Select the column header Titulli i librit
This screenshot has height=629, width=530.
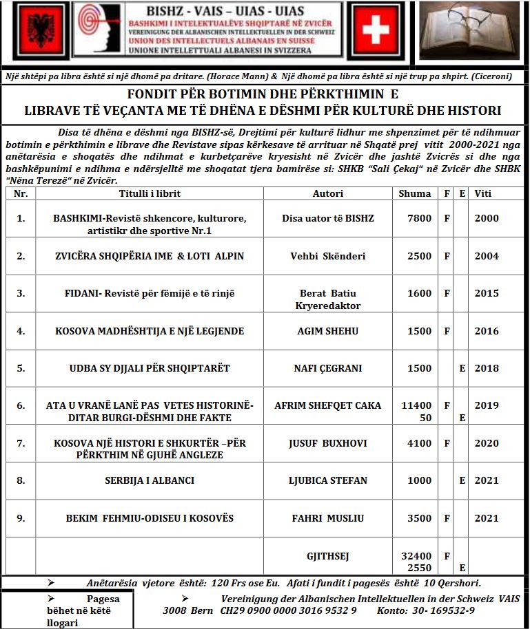coord(150,193)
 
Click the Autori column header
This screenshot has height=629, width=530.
coord(327,193)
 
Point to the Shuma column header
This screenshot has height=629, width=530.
coord(415,193)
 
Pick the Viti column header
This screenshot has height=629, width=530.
coord(483,193)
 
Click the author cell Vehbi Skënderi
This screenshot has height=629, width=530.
coord(328,256)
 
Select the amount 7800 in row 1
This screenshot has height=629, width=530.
coord(419,218)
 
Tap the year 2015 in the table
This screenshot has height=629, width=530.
coord(487,293)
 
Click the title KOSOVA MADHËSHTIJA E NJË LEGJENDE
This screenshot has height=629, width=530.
coord(150,331)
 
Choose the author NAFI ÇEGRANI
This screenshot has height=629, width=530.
coord(328,368)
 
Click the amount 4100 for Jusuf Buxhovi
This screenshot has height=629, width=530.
coord(419,443)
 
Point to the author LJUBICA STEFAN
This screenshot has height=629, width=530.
coord(328,480)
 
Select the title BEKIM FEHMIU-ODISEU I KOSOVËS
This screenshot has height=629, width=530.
coord(150,518)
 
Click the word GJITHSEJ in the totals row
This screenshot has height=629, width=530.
coord(328,555)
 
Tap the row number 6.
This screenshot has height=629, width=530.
coord(21,405)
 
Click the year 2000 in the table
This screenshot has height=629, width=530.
coord(487,218)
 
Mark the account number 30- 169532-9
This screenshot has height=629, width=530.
coord(441,610)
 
